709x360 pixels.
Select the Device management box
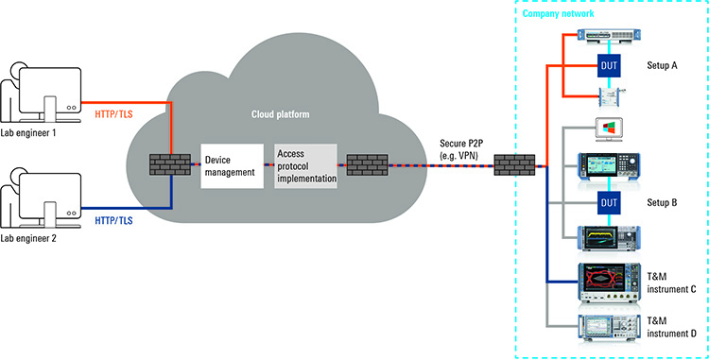pos(230,165)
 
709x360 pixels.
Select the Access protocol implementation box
pos(304,165)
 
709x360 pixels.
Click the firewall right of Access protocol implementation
pos(365,166)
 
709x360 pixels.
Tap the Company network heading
pos(558,15)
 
